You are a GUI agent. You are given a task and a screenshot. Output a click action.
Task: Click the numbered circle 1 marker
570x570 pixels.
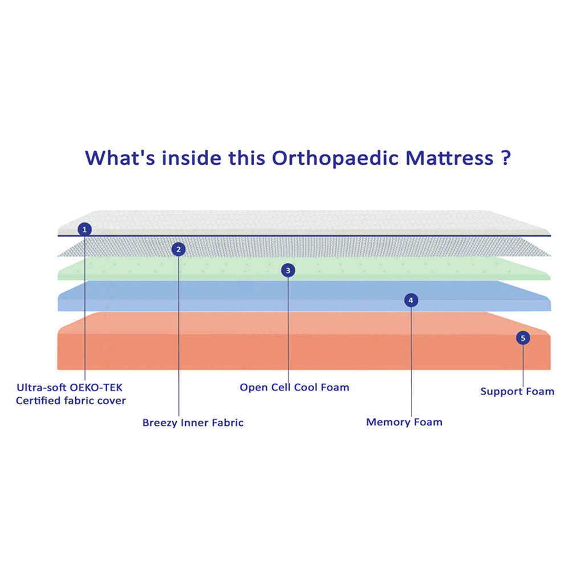click(x=84, y=230)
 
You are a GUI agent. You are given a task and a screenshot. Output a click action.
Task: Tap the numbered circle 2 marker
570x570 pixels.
click(x=178, y=249)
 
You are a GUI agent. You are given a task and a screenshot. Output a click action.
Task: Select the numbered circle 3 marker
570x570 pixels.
click(x=288, y=270)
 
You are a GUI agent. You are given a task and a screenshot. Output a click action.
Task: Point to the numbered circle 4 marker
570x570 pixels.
click(x=411, y=300)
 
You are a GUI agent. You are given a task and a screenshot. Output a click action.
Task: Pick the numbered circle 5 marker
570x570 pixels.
click(x=523, y=338)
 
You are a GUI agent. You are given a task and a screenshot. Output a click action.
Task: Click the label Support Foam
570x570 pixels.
click(x=517, y=392)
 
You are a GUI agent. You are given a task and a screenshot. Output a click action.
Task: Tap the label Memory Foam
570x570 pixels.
click(x=404, y=422)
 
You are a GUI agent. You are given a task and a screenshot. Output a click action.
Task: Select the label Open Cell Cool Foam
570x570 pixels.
click(x=294, y=388)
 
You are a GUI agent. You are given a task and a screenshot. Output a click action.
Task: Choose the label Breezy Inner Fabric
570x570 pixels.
click(x=193, y=423)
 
